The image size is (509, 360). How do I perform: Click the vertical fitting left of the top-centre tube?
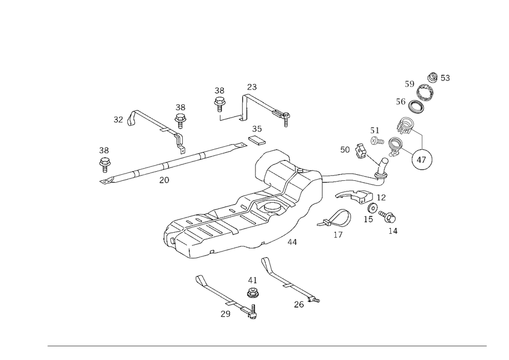[x=220, y=97]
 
